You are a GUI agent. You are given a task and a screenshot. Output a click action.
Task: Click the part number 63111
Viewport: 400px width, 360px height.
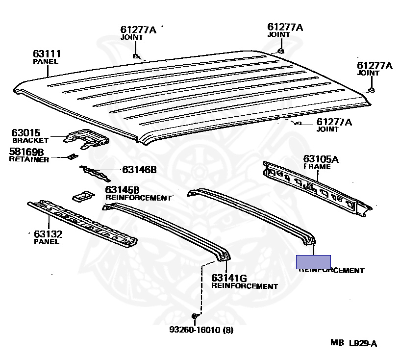47,53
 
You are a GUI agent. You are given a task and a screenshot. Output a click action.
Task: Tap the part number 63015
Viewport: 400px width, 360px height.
26,133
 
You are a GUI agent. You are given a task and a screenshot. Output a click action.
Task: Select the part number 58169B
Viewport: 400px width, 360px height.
26,152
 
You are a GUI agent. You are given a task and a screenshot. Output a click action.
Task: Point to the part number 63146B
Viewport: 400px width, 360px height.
139,170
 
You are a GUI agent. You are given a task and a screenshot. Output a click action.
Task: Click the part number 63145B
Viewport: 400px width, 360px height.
122,190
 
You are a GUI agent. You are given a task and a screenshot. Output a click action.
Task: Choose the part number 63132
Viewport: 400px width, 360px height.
48,234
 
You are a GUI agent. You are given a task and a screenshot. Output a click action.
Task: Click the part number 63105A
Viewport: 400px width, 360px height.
321,159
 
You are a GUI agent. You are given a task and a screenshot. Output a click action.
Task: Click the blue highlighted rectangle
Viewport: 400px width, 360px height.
313,262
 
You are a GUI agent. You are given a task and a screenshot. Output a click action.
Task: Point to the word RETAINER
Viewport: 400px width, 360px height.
29,159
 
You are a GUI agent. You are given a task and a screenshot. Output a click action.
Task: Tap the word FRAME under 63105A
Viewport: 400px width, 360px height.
317,167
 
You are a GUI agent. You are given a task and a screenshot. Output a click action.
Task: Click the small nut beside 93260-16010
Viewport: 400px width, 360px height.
195,316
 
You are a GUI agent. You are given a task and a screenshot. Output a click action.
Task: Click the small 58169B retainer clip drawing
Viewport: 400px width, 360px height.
73,156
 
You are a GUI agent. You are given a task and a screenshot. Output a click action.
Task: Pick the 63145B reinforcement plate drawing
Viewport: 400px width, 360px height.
83,196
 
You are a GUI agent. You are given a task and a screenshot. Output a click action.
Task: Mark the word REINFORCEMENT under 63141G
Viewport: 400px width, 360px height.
244,286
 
